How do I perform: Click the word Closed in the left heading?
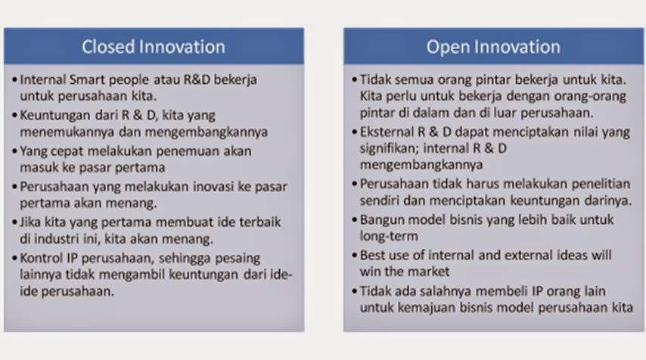(108, 47)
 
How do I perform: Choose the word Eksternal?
(387, 132)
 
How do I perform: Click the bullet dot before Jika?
(15, 222)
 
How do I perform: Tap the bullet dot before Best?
(355, 256)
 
